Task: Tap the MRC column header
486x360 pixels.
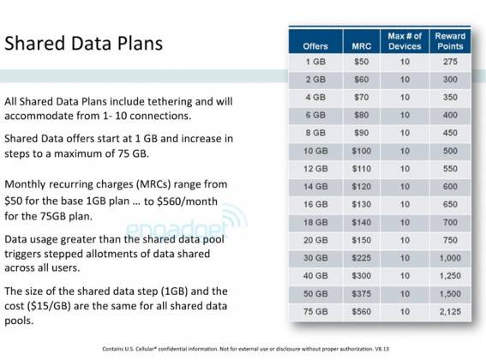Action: pyautogui.click(x=361, y=45)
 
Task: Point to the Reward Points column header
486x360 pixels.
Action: pyautogui.click(x=450, y=40)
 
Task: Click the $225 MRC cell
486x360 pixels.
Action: pyautogui.click(x=361, y=255)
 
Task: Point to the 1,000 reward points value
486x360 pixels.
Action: pyautogui.click(x=450, y=255)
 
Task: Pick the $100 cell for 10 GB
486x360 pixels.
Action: pyautogui.click(x=361, y=151)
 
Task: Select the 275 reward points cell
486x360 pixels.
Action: pyautogui.click(x=450, y=63)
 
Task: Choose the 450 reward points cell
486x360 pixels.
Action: pyautogui.click(x=450, y=133)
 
